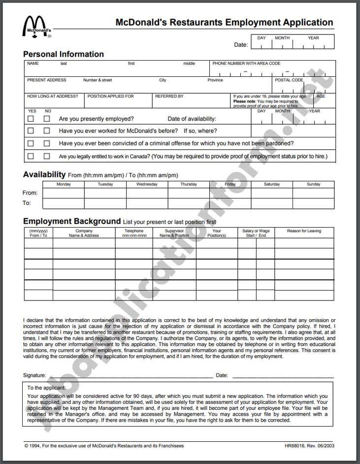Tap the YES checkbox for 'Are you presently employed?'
31,119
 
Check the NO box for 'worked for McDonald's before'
47,131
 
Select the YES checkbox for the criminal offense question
31,143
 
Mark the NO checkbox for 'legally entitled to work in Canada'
47,156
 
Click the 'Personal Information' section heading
64,54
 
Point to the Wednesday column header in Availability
147,184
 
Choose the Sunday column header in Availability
313,184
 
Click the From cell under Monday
64,193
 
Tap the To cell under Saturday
272,203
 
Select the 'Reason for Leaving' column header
304,231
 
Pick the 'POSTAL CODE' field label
289,80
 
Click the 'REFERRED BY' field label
169,96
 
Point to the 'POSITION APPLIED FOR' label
110,96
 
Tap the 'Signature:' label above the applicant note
34,375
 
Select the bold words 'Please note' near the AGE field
244,101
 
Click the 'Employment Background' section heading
72,221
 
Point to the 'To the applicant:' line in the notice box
46,388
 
